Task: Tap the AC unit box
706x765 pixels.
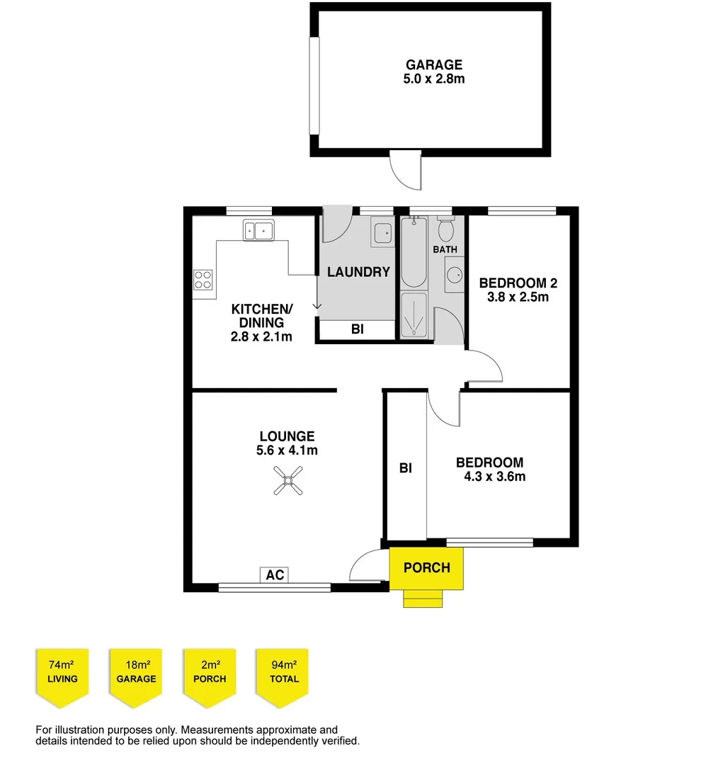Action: pos(275,574)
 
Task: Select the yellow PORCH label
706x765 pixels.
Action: pos(426,567)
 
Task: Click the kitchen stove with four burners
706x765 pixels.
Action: pos(204,280)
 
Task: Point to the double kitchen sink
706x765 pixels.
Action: pos(258,230)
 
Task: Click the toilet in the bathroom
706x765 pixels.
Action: pos(445,229)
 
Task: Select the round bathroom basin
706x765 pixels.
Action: pos(454,274)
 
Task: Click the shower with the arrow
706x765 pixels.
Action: pos(414,315)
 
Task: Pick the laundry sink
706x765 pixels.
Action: pos(383,233)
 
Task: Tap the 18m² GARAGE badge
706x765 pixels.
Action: pos(137,672)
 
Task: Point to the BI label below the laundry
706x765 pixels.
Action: pos(358,329)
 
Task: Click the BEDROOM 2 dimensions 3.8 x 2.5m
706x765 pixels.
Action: pos(518,297)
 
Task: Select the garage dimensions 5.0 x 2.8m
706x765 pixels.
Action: pos(433,79)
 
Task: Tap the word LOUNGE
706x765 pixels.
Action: pos(287,436)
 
